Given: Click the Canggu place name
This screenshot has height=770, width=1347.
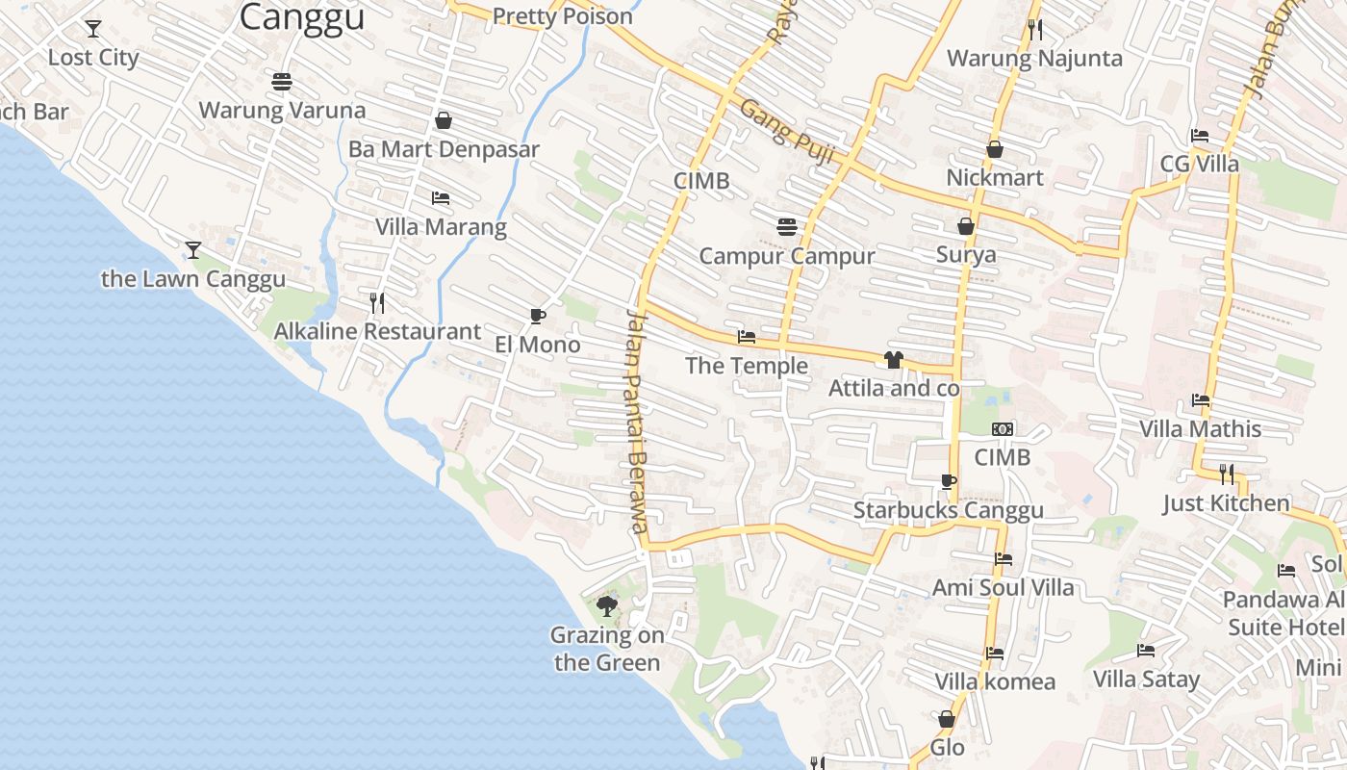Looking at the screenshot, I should click(302, 16).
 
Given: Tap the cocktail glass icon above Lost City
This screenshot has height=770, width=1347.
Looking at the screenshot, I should click(93, 29).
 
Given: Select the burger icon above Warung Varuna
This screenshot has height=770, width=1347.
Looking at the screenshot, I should click(282, 82).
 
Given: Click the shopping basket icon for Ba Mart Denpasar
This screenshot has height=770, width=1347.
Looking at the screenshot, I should click(444, 120).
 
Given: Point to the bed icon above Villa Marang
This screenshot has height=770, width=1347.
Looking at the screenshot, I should click(441, 198).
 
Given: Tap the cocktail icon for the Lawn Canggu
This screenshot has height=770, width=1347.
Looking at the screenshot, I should click(193, 250).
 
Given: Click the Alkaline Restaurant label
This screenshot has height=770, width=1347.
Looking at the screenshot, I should click(377, 332).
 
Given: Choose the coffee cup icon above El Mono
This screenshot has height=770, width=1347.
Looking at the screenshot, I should click(538, 316).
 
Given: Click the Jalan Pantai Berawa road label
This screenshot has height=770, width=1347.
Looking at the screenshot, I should click(636, 420).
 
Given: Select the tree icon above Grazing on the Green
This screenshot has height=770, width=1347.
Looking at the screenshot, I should click(606, 605).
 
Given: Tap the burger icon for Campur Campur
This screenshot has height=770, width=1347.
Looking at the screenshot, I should click(787, 227).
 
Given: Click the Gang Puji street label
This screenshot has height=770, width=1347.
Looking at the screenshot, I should click(784, 130).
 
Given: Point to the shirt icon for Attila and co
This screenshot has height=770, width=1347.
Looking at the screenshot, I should click(894, 360).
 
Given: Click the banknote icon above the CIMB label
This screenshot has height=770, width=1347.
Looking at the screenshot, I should click(1003, 429).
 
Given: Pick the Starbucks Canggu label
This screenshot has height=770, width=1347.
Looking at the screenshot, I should click(948, 510).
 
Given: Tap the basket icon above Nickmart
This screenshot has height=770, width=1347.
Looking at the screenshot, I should click(995, 149).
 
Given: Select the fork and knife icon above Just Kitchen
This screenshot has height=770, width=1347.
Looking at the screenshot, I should click(1227, 474).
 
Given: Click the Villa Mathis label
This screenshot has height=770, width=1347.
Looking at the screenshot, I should click(1200, 428).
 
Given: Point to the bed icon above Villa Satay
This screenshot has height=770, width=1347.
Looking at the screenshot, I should click(1146, 651).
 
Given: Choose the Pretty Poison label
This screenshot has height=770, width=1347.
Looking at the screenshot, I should click(563, 16).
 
